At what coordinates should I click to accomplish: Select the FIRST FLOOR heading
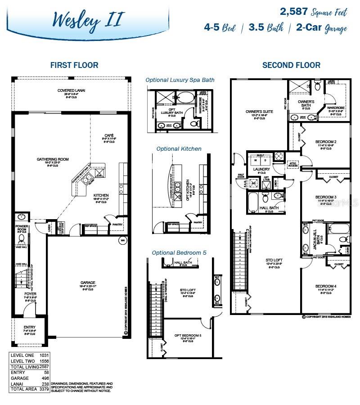pos(74,65)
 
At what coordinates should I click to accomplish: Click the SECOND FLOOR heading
pos(291,65)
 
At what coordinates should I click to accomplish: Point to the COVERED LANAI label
pos(71,90)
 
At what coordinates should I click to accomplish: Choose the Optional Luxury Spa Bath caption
pos(180,80)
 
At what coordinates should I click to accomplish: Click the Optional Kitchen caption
pos(179,148)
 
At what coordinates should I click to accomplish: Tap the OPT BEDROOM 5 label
pos(188,336)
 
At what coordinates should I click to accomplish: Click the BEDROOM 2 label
pos(326,142)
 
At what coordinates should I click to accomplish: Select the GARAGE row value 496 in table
pos(45,379)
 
